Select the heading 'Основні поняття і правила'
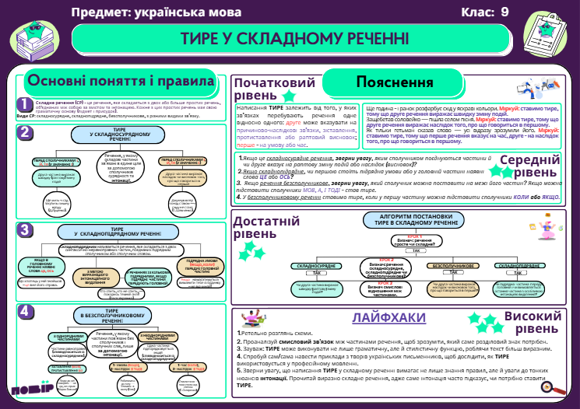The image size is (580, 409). tap(120, 82)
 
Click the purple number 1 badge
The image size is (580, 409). tap(26, 104)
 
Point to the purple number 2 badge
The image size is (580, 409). tap(26, 132)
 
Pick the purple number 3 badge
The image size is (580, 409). tap(26, 229)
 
